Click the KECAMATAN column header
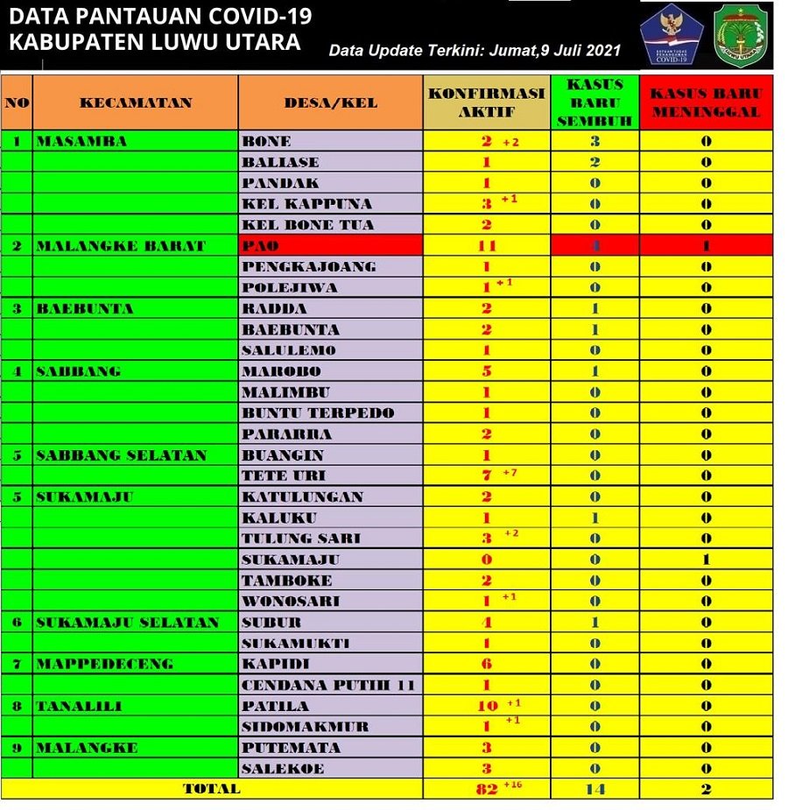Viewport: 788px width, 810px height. click(136, 102)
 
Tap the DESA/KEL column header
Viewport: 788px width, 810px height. click(330, 102)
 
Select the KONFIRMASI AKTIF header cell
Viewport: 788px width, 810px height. click(486, 102)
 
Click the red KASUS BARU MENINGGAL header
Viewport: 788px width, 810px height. click(706, 102)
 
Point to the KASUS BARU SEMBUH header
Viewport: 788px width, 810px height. click(595, 102)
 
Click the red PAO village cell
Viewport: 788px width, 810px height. click(330, 246)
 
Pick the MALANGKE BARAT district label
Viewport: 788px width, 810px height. click(120, 246)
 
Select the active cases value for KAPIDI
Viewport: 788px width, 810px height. click(487, 664)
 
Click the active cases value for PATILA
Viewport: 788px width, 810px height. click(487, 706)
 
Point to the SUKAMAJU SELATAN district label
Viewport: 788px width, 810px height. click(127, 623)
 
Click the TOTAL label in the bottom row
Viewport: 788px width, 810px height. click(211, 789)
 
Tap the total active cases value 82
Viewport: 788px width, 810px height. click(488, 789)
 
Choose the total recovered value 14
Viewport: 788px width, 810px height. click(595, 789)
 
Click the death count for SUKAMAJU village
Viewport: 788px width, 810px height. click(706, 560)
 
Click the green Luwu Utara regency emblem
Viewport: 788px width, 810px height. click(742, 35)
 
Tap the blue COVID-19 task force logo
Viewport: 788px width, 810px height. click(672, 35)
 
